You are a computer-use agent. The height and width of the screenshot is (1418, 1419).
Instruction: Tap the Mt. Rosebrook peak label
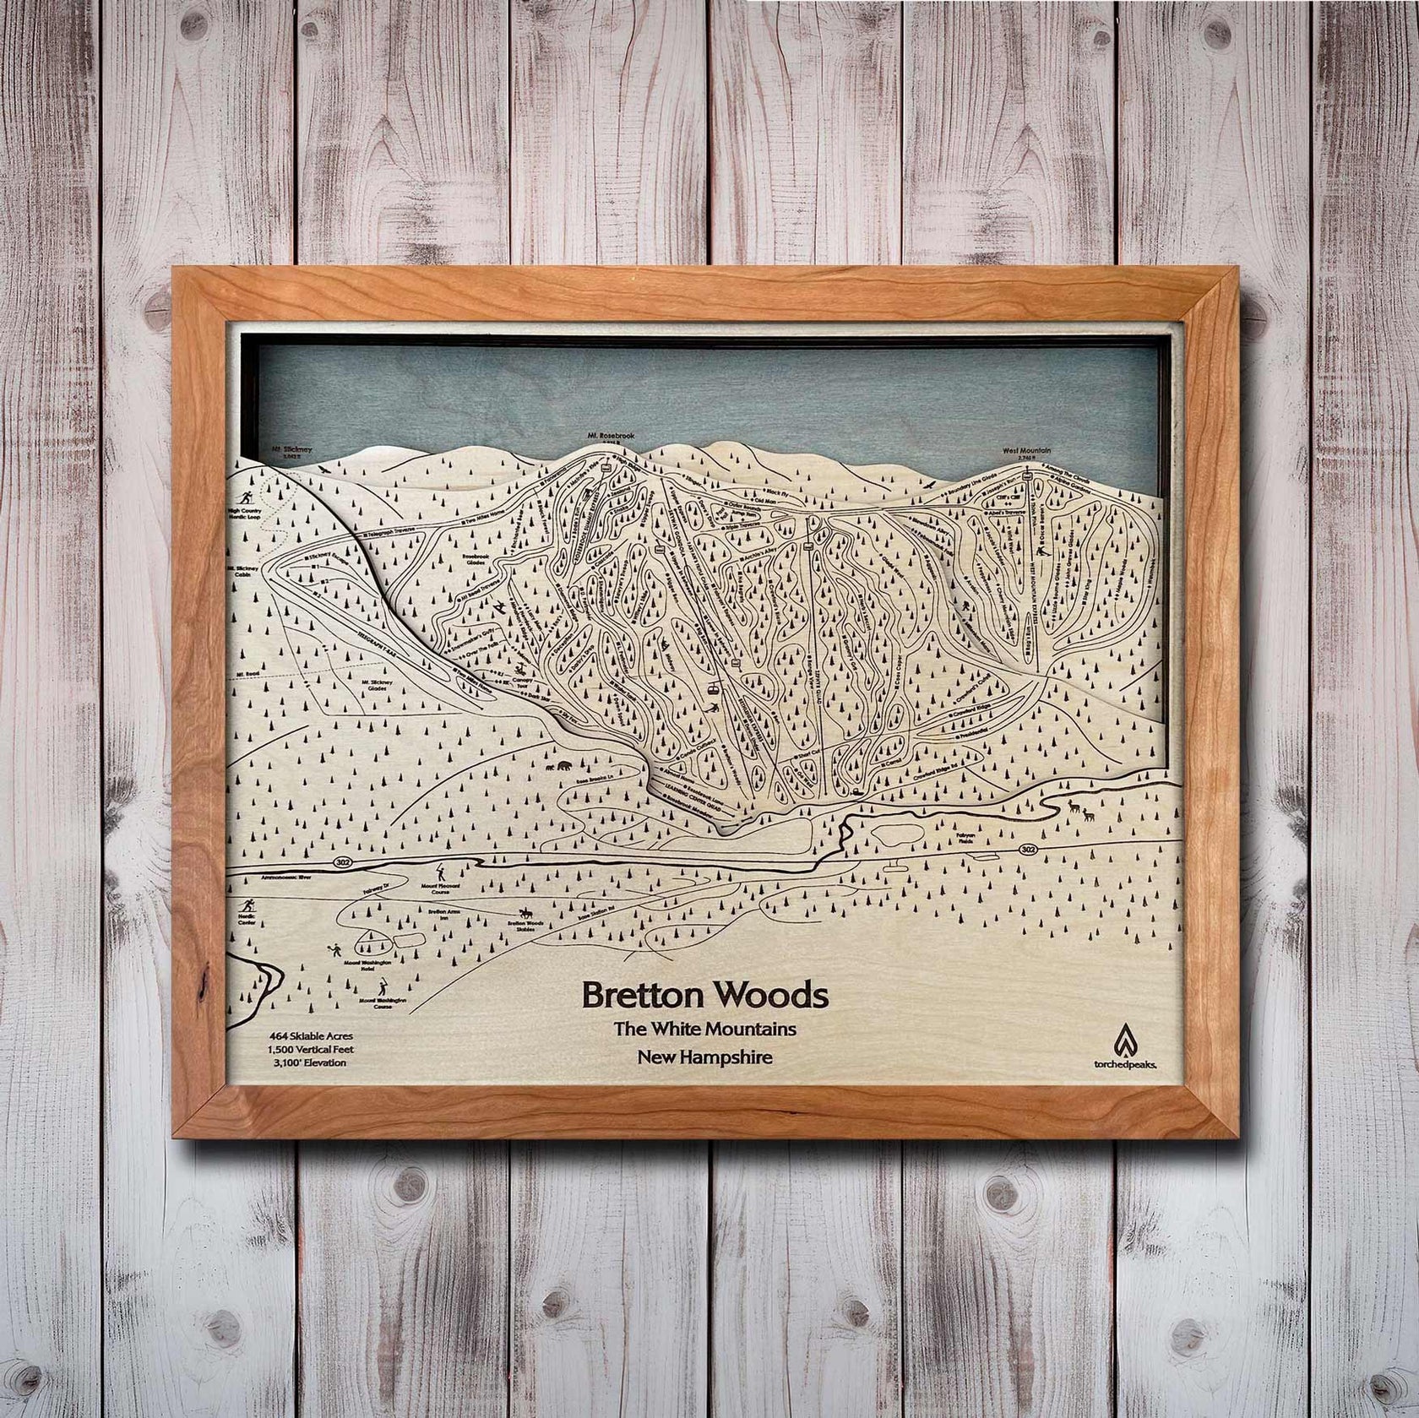coord(605,437)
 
